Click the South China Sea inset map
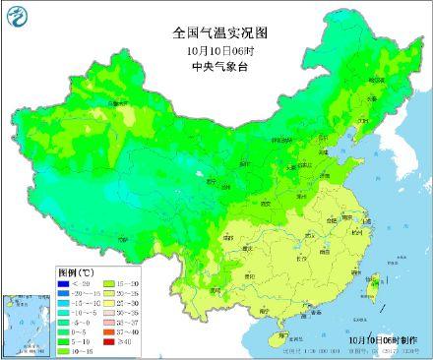click(x=28, y=325)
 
